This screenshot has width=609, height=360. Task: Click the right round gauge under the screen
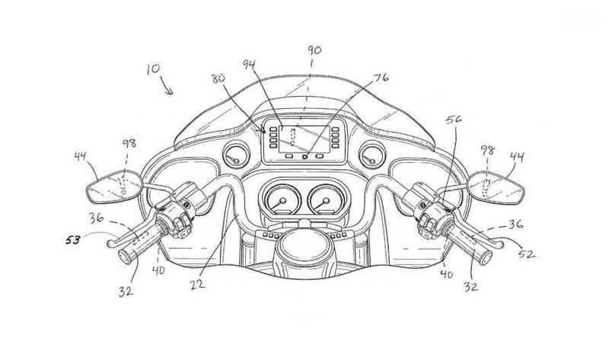click(x=325, y=202)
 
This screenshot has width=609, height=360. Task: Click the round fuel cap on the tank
click(x=302, y=252)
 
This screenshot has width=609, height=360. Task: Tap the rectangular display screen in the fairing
click(x=303, y=140)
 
